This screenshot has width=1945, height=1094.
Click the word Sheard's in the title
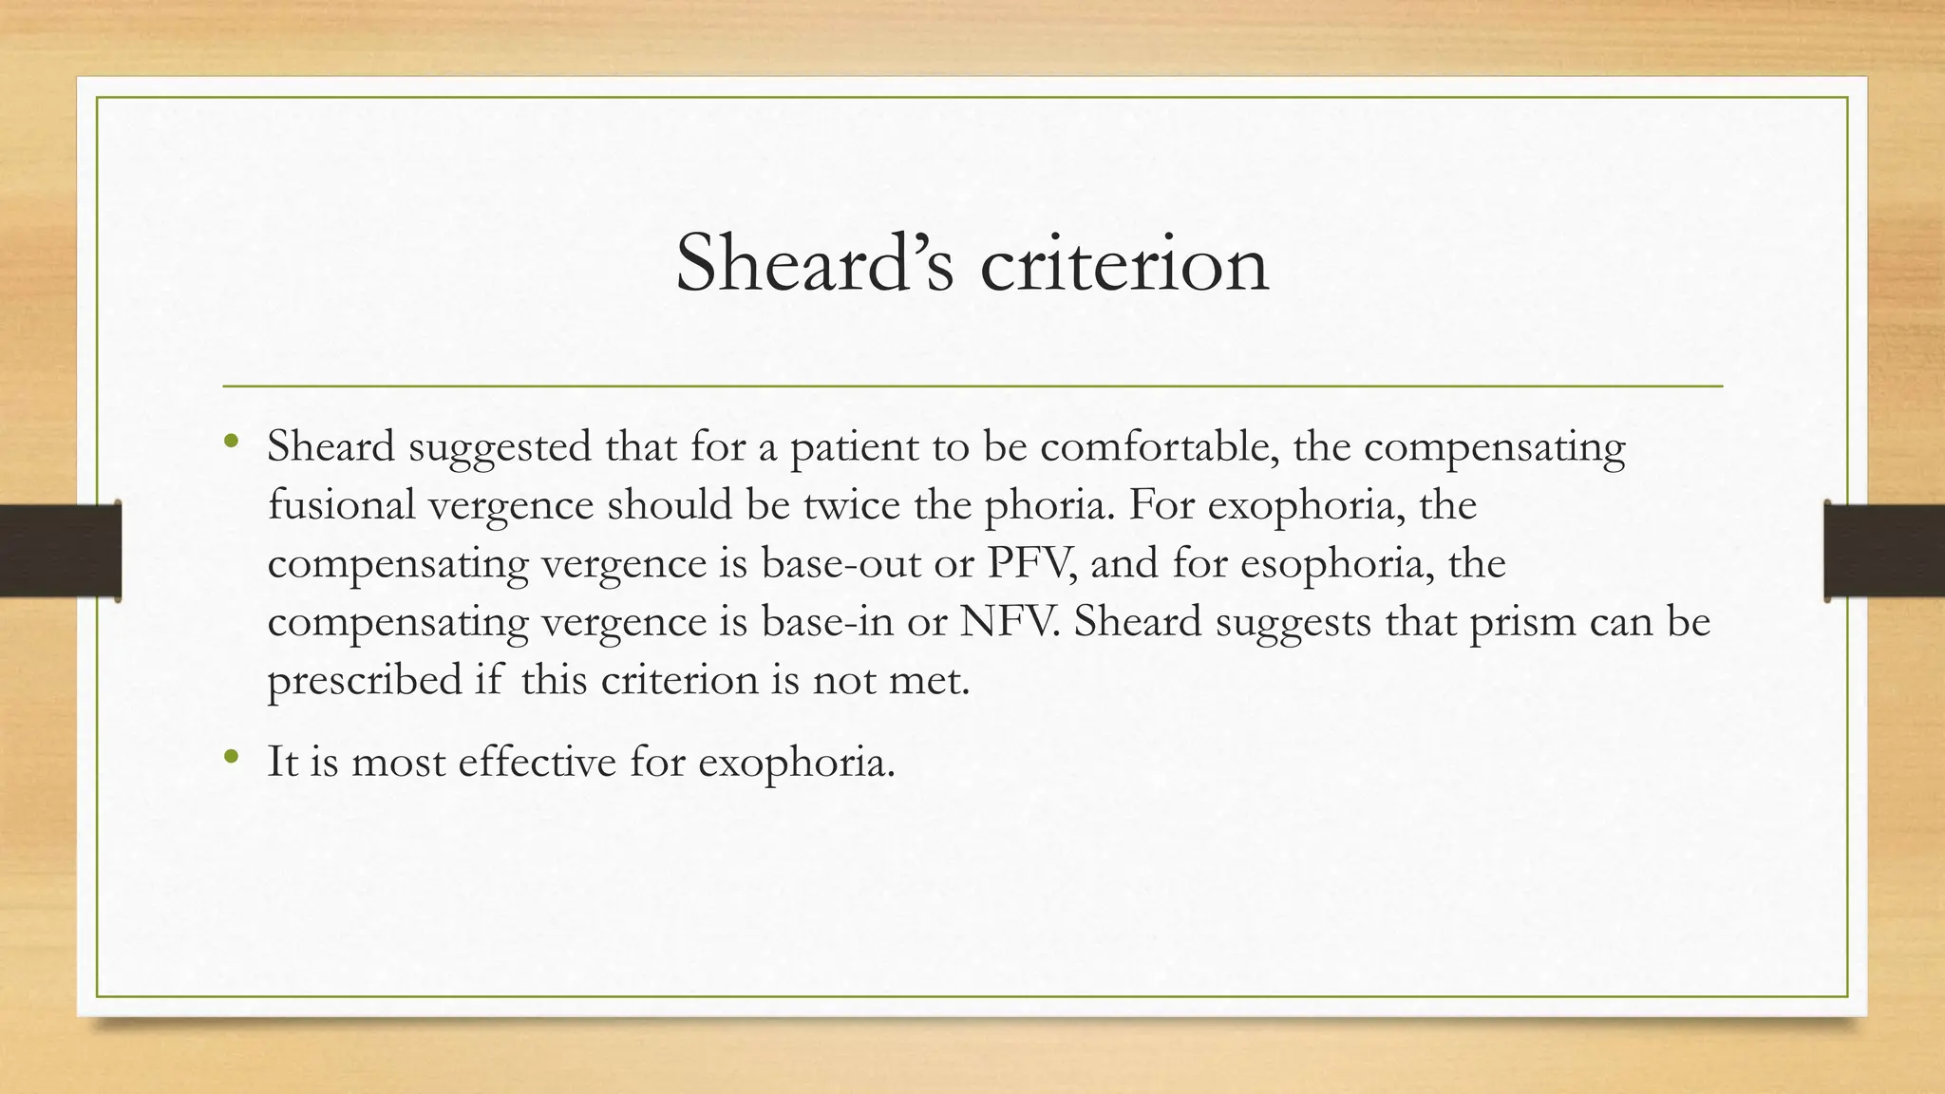coord(814,263)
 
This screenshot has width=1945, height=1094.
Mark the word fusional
coord(342,504)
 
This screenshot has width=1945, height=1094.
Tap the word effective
coord(537,762)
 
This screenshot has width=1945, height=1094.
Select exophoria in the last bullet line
coord(796,763)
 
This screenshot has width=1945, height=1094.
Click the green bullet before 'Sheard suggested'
coord(230,442)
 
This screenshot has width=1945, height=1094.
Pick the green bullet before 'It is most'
coord(230,757)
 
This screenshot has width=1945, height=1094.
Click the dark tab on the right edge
coord(1884,551)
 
